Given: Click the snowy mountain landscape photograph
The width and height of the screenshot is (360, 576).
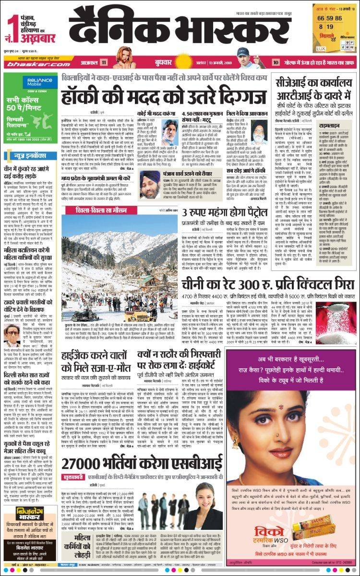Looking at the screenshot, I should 118,266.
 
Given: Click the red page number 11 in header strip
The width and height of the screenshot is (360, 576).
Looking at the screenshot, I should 104,62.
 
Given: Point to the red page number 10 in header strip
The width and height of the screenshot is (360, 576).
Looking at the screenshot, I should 276,62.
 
